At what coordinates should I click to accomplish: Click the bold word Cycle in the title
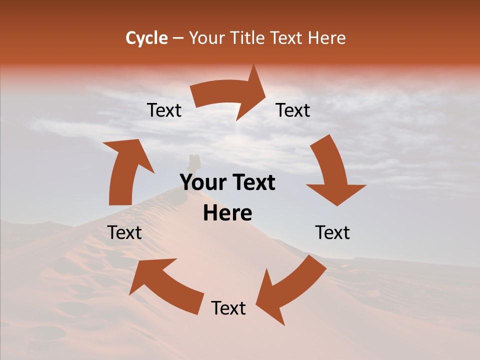click(x=146, y=38)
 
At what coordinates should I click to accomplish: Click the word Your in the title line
click(x=207, y=38)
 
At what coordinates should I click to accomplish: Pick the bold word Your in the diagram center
click(x=203, y=183)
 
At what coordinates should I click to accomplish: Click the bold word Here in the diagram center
click(x=227, y=213)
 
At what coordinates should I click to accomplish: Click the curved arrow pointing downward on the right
click(x=332, y=172)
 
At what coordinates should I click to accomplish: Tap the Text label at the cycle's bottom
click(x=228, y=308)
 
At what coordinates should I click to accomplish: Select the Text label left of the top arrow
click(x=164, y=110)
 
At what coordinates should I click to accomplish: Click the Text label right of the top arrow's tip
click(x=293, y=110)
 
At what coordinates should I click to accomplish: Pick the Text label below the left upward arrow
click(x=124, y=232)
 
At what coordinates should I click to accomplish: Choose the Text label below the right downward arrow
click(x=332, y=232)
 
